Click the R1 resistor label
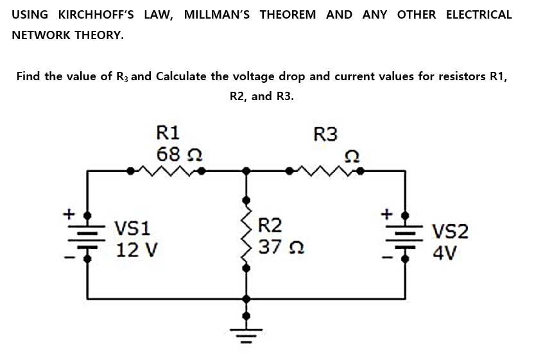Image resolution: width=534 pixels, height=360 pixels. click(x=169, y=133)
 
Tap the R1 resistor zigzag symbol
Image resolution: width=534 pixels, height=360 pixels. click(x=167, y=171)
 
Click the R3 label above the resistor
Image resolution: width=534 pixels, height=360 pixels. click(x=325, y=135)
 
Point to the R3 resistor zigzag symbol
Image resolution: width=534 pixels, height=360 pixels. click(x=326, y=171)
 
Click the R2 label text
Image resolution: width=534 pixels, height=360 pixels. click(x=270, y=225)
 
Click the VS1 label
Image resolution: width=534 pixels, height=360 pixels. click(x=132, y=227)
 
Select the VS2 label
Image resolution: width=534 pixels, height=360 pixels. click(x=450, y=231)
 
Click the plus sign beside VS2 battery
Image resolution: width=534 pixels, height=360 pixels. click(x=386, y=211)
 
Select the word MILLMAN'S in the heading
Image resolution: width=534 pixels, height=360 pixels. click(x=218, y=14)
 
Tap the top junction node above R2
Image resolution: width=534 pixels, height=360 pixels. click(x=245, y=171)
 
